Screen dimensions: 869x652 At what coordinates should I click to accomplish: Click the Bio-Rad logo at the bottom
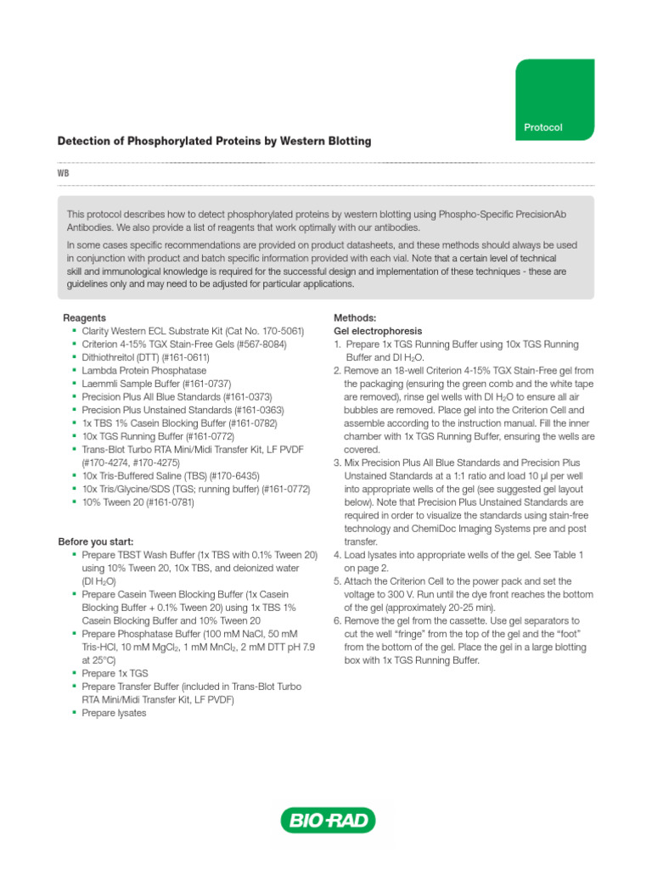click(x=327, y=820)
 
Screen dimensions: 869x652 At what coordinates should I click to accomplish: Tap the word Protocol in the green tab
click(x=543, y=127)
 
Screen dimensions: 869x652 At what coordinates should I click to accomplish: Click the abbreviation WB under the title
click(x=64, y=173)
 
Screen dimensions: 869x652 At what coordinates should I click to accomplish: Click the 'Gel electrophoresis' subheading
click(x=378, y=331)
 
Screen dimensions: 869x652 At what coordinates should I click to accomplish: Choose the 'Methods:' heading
click(x=356, y=317)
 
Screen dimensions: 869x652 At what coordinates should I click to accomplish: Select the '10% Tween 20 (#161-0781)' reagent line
click(x=138, y=502)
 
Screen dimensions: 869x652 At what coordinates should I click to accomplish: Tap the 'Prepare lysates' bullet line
click(x=115, y=713)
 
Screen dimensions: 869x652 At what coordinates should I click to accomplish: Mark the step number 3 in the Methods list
click(x=337, y=463)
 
